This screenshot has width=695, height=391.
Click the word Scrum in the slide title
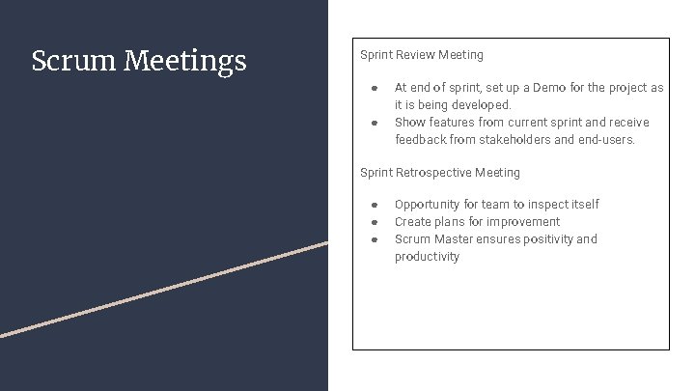click(x=74, y=61)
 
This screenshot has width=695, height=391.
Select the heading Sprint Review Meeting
click(x=422, y=55)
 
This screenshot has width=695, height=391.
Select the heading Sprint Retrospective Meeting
click(x=440, y=173)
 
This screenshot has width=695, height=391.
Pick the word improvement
click(x=522, y=222)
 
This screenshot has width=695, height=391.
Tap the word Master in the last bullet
click(x=453, y=239)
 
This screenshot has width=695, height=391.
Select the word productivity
click(x=427, y=257)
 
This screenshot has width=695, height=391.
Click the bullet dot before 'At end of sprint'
click(x=374, y=88)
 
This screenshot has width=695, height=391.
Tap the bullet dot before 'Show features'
click(x=374, y=123)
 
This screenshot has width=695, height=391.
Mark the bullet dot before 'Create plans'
click(x=374, y=222)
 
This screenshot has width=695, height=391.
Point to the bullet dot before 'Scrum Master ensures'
click(x=374, y=239)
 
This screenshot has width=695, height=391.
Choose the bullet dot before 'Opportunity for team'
click(x=374, y=205)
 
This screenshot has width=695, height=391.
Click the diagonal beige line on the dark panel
click(x=164, y=289)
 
